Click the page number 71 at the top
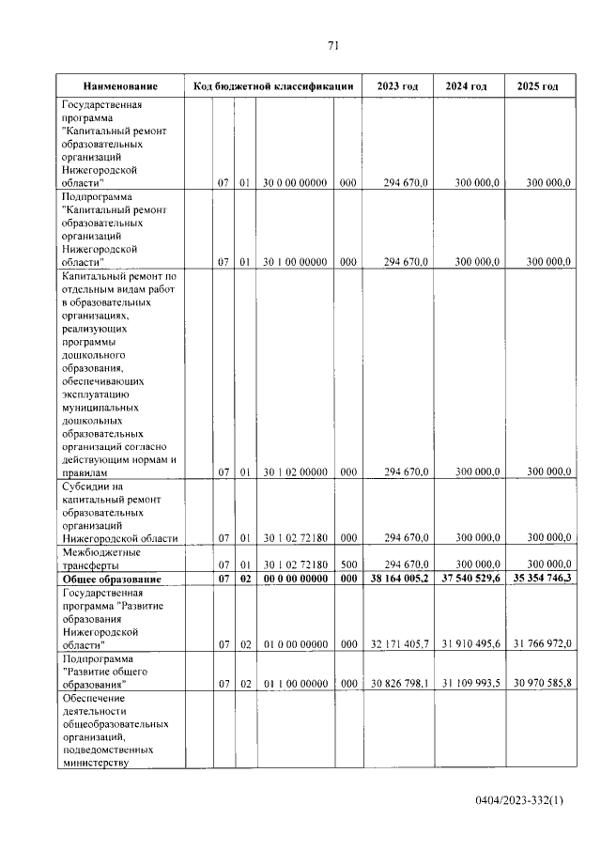tap(332, 45)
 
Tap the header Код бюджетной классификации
tap(272, 86)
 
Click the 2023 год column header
tap(397, 86)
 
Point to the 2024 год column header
tap(467, 86)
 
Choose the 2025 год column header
tap(538, 86)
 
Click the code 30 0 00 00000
tap(295, 183)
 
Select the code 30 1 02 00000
tap(295, 471)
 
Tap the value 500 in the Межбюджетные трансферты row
tap(347, 564)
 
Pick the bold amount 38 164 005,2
tap(397, 579)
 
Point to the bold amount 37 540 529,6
tap(468, 579)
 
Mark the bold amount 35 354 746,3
tap(538, 579)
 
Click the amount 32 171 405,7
tap(399, 643)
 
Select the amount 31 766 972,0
tap(538, 643)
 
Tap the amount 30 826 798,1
tap(399, 683)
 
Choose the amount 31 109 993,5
tap(469, 683)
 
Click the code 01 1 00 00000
tap(295, 683)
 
